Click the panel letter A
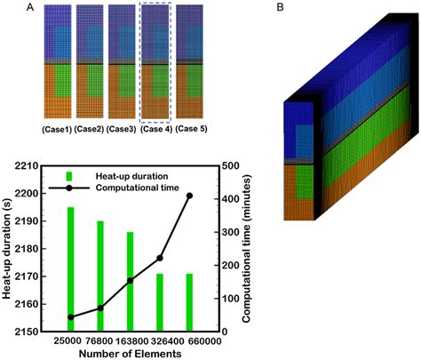click(x=33, y=8)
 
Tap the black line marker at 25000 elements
click(x=96, y=317)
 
